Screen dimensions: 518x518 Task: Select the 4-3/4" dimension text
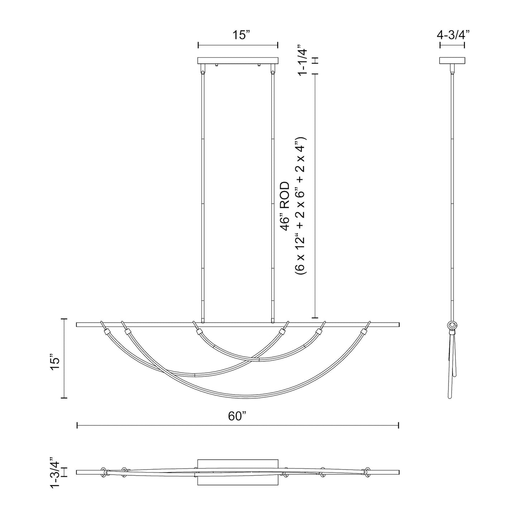[453, 34]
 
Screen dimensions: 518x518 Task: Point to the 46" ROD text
[285, 207]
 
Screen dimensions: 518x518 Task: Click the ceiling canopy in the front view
[238, 61]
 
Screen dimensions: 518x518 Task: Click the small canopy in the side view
[452, 61]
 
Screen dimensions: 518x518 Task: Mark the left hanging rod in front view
[203, 197]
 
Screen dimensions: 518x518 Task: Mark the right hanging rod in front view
[273, 197]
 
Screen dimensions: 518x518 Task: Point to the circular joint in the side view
[452, 325]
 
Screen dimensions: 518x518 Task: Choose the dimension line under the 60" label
[238, 425]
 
